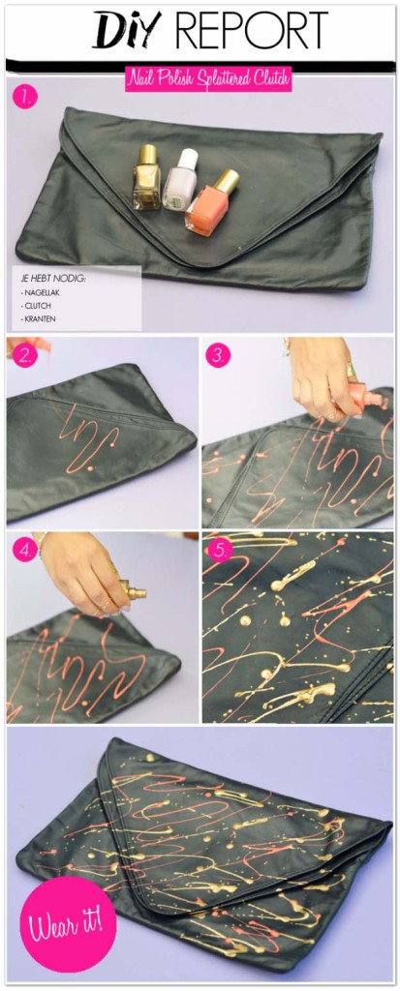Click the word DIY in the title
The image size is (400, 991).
point(120,32)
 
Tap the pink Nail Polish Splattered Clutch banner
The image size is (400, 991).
point(207,79)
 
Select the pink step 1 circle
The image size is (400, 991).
point(23,97)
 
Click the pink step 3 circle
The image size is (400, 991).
point(219,355)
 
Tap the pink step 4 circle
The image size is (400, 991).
point(23,550)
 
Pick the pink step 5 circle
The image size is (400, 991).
point(220,550)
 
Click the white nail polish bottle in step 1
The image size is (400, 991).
point(179,180)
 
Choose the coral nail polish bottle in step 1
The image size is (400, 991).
point(208,203)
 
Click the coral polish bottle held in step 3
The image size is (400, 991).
point(355,397)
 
